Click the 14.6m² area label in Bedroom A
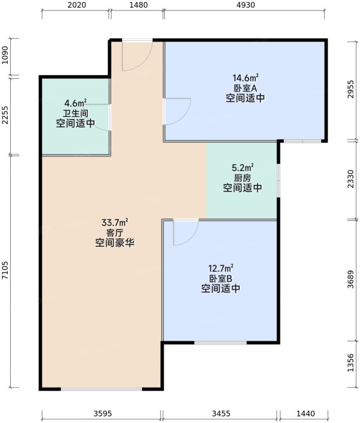(245, 78)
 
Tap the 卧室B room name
(220, 278)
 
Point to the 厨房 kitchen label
(242, 177)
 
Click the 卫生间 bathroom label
(75, 113)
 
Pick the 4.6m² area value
(75, 103)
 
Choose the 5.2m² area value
(242, 167)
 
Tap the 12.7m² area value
(220, 269)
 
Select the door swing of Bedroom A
(176, 111)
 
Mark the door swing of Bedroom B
(185, 232)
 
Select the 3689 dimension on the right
(351, 280)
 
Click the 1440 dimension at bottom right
(305, 414)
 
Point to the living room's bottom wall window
(101, 389)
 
